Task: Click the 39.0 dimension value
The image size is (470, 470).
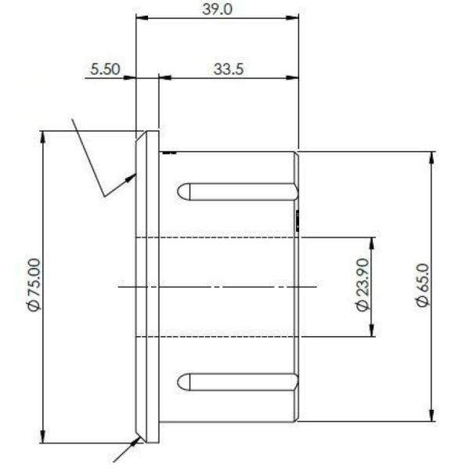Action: point(217,9)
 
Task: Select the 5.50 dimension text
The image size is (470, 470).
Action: point(105,69)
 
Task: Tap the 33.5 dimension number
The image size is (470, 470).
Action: point(229,69)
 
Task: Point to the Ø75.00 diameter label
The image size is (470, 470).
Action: point(33,284)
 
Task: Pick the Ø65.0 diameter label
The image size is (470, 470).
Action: point(422,285)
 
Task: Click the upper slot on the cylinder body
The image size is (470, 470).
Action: point(237,192)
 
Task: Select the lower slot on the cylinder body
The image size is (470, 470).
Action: point(237,382)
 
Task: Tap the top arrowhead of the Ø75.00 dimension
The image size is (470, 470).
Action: point(43,138)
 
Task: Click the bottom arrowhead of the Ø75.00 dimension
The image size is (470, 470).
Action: point(43,436)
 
